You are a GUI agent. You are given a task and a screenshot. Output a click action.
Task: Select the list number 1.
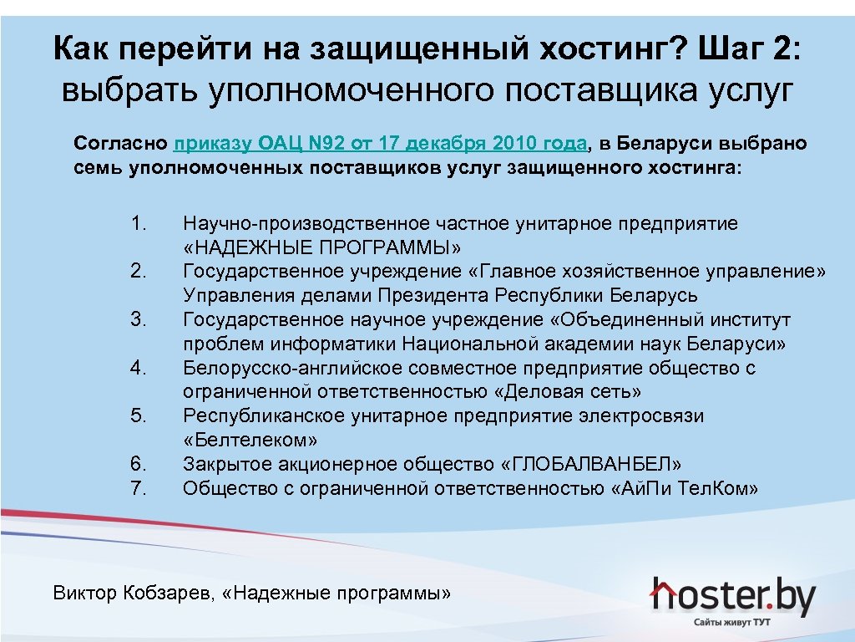point(139,223)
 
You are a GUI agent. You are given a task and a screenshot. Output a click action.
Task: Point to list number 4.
point(139,368)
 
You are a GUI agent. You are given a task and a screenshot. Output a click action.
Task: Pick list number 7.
point(139,488)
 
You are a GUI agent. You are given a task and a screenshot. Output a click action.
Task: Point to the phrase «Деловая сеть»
point(568,392)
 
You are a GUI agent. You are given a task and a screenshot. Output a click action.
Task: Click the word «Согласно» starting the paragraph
point(120,143)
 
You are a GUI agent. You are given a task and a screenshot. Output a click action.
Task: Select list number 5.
point(139,416)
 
